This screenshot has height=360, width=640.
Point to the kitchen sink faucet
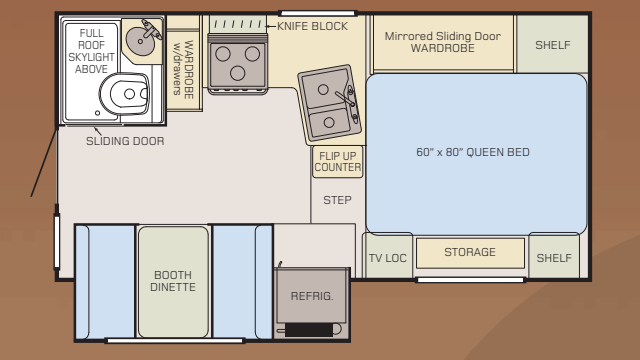pos(346,98)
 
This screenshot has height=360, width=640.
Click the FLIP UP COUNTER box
pos(337,162)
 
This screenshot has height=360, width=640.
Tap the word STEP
pos(337,200)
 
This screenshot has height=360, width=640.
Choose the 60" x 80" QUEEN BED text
pos(472,153)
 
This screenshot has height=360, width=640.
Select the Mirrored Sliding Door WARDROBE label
pos(441,41)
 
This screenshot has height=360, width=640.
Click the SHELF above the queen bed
pos(552,45)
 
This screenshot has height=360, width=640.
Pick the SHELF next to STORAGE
pos(553,257)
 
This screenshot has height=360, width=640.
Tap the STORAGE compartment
pos(470,253)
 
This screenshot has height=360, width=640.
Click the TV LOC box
pos(388,257)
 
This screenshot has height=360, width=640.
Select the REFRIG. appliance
pos(311,296)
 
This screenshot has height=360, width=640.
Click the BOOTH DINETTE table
pos(173,281)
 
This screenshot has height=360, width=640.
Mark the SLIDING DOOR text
pos(125,141)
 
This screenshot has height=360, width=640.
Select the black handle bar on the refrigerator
pos(310,329)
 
